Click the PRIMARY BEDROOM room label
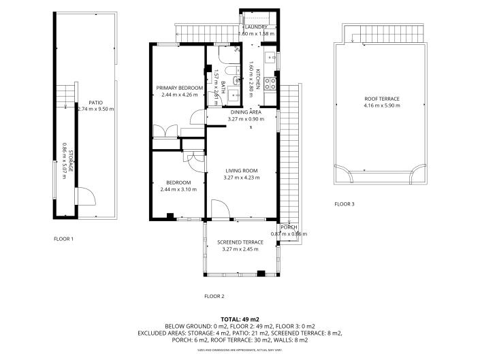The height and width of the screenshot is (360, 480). click(180, 88)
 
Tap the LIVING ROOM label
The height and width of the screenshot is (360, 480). click(241, 170)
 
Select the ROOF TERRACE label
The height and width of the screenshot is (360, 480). click(381, 99)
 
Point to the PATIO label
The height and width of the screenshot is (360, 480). click(86, 102)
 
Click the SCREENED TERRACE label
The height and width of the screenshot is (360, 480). click(240, 242)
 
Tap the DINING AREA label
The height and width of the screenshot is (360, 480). click(246, 112)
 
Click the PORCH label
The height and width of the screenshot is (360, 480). click(289, 227)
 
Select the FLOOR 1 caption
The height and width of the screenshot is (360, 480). click(64, 239)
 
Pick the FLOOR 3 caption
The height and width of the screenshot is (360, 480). click(345, 203)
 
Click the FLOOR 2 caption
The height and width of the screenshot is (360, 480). click(214, 296)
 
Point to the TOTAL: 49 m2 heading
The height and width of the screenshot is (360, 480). click(240, 319)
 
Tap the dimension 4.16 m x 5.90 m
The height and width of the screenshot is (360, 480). click(381, 105)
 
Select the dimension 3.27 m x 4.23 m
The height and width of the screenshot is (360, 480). click(241, 178)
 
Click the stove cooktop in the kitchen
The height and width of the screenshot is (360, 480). click(270, 84)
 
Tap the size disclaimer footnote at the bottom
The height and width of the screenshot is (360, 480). click(240, 350)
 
